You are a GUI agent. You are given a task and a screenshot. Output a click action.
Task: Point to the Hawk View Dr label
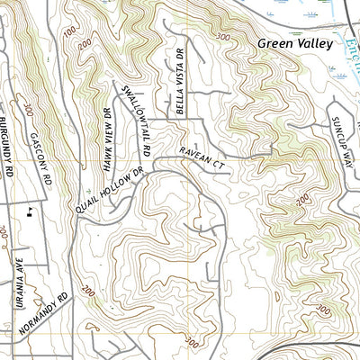coord(100,145)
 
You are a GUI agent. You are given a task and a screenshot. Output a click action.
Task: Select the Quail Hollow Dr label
coord(110,191)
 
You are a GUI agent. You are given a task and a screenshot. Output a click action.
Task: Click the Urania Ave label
coord(19,282)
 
